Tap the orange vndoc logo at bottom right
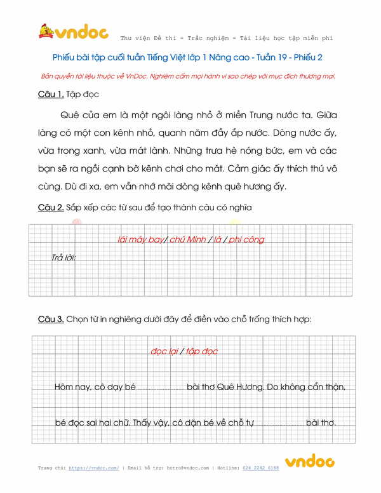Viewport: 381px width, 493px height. tap(309, 462)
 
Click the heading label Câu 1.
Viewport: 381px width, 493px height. tap(51, 95)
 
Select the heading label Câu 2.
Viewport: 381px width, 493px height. tap(51, 208)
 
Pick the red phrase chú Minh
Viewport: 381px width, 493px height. tap(188, 240)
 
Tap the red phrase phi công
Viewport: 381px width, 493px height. tap(246, 240)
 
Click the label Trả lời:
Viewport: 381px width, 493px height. tap(64, 258)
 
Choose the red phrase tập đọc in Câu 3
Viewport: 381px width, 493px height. tap(202, 351)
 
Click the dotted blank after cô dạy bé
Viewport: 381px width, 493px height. tap(161, 387)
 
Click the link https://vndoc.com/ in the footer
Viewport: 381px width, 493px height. tap(94, 468)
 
